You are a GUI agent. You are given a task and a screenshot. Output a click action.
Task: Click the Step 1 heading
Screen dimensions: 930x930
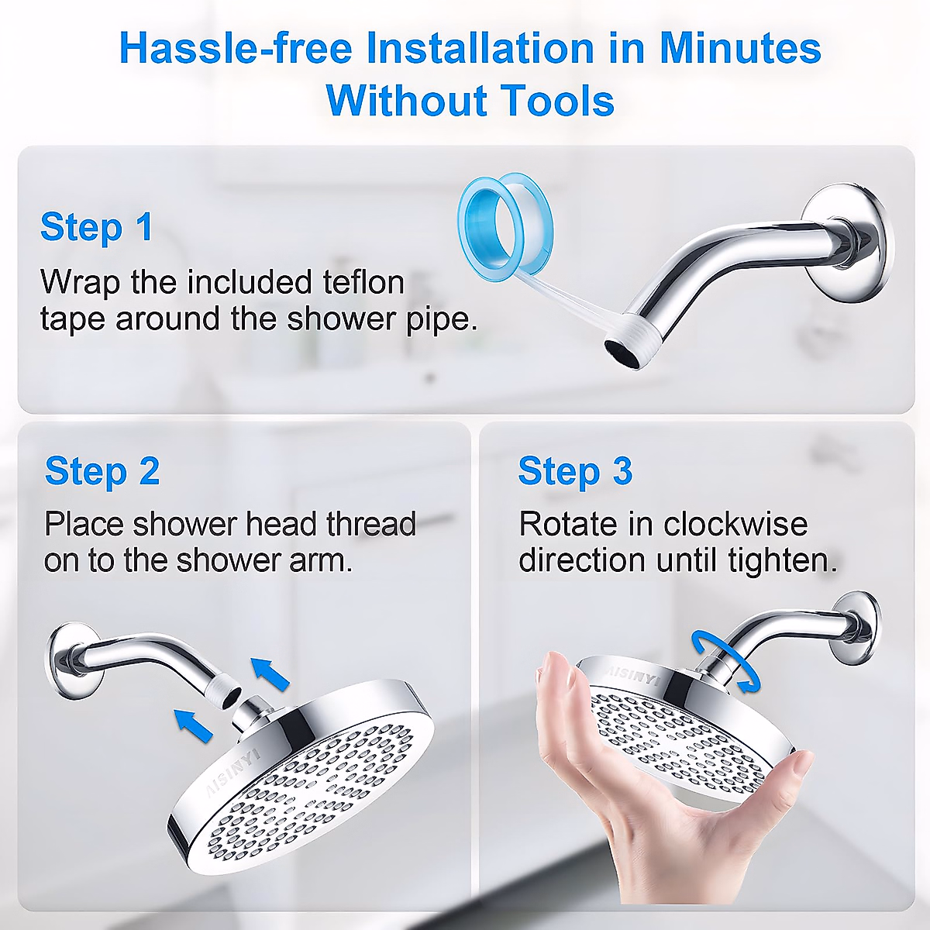pyautogui.click(x=97, y=227)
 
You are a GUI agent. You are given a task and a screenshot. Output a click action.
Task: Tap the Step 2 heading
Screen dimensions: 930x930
pyautogui.click(x=102, y=471)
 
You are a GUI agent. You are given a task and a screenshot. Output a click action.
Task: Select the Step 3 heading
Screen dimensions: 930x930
pyautogui.click(x=575, y=471)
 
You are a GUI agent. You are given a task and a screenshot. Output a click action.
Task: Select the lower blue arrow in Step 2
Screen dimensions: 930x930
pyautogui.click(x=193, y=725)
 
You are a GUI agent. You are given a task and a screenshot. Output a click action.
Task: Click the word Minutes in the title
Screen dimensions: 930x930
pyautogui.click(x=739, y=48)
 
